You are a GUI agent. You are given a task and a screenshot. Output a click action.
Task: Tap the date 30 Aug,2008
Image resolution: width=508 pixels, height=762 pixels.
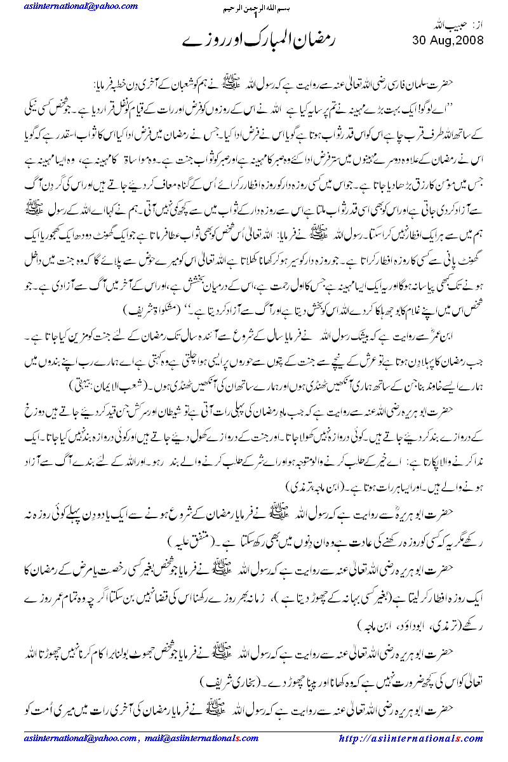448,41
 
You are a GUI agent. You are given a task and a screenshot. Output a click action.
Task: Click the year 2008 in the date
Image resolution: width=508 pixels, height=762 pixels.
467,41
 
